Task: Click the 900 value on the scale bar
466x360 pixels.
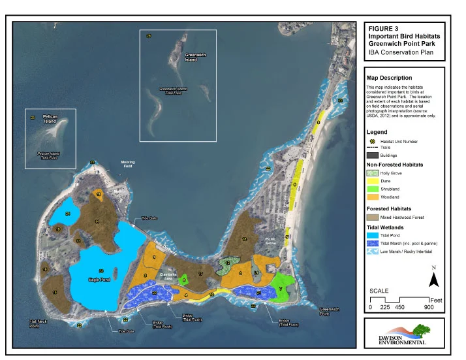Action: (x=429, y=307)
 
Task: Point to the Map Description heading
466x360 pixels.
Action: (x=389, y=78)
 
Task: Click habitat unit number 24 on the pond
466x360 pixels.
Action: (x=68, y=214)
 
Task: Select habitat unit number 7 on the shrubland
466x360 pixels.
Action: (x=280, y=288)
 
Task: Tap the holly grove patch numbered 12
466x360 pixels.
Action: (x=227, y=263)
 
